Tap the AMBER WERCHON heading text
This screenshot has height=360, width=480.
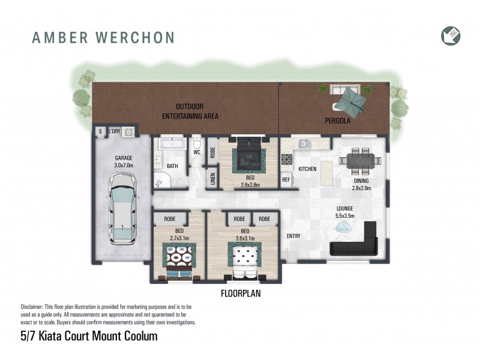[103, 38]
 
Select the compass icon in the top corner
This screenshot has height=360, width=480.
[451, 35]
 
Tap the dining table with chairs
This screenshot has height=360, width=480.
[356, 160]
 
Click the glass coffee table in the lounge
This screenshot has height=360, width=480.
[344, 226]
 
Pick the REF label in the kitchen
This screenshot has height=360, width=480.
[286, 179]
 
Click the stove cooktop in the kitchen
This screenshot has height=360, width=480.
[287, 160]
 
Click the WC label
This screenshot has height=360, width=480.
[197, 152]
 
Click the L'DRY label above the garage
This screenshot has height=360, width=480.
[114, 131]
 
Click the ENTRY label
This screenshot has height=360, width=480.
[294, 236]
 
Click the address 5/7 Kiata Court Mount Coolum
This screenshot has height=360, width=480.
[89, 336]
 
